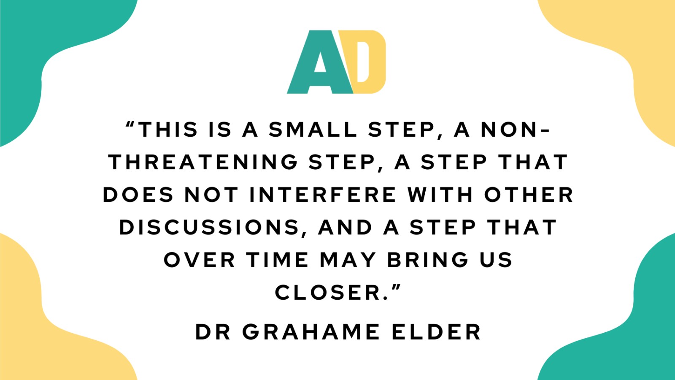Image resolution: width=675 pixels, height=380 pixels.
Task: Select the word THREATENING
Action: [x=203, y=162]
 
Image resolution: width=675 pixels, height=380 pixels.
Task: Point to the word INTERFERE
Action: [x=323, y=195]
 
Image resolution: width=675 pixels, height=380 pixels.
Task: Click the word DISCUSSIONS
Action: [x=209, y=228]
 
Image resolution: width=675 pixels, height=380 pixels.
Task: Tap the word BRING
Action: [x=428, y=260]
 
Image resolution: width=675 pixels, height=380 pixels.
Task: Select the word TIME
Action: [x=277, y=260]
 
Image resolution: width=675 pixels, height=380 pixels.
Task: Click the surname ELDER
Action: [x=436, y=332]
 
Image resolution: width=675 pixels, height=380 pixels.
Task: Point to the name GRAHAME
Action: [x=311, y=332]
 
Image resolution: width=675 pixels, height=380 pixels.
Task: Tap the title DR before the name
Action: [x=213, y=332]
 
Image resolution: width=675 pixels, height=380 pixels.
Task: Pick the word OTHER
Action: [x=529, y=195]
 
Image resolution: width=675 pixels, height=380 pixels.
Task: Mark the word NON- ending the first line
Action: [x=515, y=130]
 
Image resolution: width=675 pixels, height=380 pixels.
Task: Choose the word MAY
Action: [x=348, y=260]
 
